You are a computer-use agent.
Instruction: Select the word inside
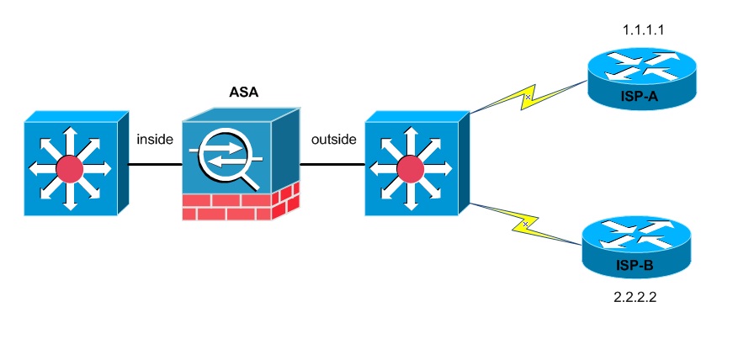pyautogui.click(x=154, y=139)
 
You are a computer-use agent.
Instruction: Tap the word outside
pyautogui.click(x=332, y=139)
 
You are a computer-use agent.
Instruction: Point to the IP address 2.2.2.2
pyautogui.click(x=637, y=297)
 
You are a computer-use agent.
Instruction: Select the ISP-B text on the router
pyautogui.click(x=638, y=267)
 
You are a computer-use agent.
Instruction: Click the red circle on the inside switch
pyautogui.click(x=69, y=171)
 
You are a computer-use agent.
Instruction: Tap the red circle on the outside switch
pyautogui.click(x=410, y=171)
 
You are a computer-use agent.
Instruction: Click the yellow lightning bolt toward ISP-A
pyautogui.click(x=526, y=98)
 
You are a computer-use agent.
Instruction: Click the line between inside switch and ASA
pyautogui.click(x=156, y=165)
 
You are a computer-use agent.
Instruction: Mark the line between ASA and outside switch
pyautogui.click(x=332, y=165)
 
